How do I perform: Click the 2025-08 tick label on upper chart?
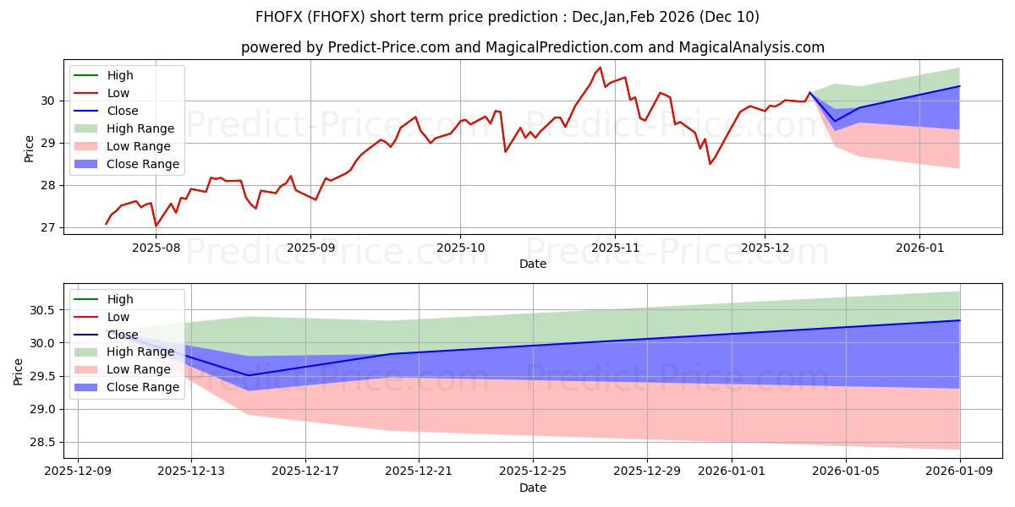click(x=156, y=248)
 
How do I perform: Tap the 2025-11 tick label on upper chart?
click(x=614, y=248)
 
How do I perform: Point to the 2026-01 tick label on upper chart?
click(x=919, y=248)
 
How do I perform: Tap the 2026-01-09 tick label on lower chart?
click(x=960, y=472)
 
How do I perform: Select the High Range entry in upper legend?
click(x=140, y=128)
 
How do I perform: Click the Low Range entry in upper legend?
click(x=139, y=146)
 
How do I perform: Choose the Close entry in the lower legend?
click(x=123, y=335)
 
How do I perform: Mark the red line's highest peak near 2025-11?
click(x=600, y=68)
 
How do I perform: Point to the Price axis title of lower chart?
click(x=19, y=370)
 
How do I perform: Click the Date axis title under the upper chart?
click(x=533, y=264)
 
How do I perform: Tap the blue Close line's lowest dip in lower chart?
click(x=248, y=375)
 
